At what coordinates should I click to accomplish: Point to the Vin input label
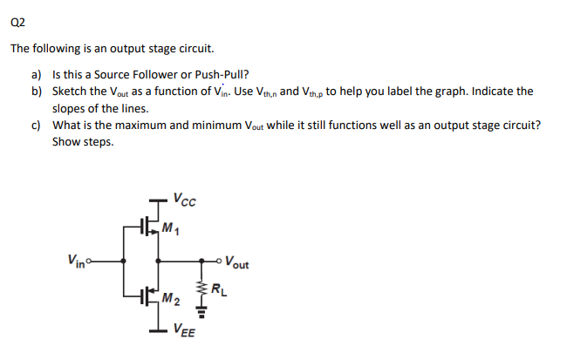click(76, 259)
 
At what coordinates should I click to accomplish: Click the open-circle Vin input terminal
click(91, 259)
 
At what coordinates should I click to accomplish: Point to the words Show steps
click(83, 141)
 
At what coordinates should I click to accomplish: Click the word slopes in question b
click(70, 108)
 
